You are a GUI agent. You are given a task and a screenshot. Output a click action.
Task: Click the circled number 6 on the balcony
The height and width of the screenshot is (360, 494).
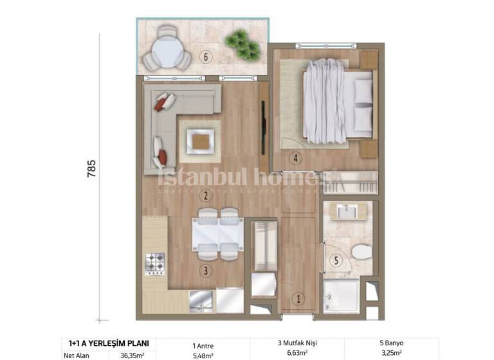(x=206, y=57)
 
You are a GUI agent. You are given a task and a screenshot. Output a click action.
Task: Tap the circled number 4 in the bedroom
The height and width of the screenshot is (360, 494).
(x=295, y=157)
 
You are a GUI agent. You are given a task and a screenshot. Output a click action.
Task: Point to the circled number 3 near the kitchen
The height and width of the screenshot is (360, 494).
(x=206, y=271)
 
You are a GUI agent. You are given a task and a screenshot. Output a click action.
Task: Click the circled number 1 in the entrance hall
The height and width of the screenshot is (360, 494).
(x=298, y=298)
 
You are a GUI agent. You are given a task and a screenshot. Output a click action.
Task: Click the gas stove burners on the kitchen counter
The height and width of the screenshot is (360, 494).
(x=155, y=263)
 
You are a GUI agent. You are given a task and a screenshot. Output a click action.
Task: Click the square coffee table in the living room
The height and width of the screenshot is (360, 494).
(x=200, y=139)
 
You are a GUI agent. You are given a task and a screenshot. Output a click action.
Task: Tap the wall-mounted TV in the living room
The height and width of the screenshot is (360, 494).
(x=263, y=127)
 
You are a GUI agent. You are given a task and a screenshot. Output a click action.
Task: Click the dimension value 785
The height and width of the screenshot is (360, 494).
(x=90, y=175)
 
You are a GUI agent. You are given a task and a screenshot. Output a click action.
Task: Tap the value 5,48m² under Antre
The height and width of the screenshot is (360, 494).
(x=203, y=353)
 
